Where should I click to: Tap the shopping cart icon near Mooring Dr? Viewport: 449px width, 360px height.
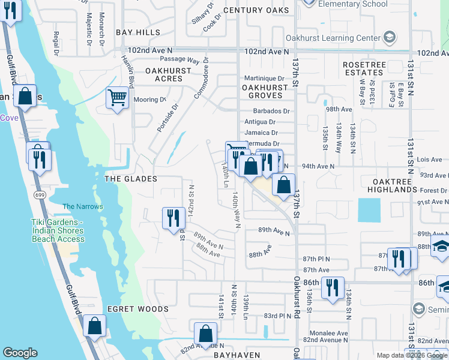(117, 97)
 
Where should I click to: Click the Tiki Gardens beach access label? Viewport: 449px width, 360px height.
(58, 230)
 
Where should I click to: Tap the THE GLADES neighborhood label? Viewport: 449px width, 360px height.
(131, 179)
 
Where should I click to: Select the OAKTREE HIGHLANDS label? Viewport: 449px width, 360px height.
(387, 185)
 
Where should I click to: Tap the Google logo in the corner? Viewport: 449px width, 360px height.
(20, 353)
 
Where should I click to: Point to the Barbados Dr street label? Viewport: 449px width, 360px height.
(271, 111)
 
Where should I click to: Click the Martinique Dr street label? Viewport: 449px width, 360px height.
(264, 79)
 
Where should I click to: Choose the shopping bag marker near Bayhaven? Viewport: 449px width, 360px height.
(205, 334)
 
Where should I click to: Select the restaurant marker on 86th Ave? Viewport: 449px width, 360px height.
(332, 287)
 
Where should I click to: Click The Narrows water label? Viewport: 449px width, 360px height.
(83, 206)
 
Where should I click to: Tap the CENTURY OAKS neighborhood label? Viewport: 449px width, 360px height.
(256, 10)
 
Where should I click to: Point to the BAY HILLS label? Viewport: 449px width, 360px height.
(138, 32)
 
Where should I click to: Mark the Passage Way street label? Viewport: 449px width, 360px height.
(180, 60)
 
